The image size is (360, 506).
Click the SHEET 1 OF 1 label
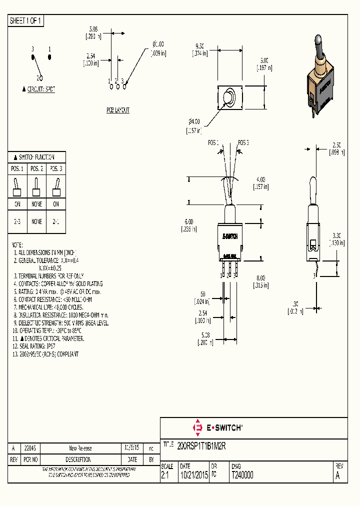[x=26, y=21]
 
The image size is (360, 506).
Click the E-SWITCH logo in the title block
[x=217, y=428]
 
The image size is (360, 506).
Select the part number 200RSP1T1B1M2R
[x=202, y=445]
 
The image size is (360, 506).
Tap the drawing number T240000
[x=242, y=475]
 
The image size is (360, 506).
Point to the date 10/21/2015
[x=193, y=475]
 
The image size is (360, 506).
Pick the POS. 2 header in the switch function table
[x=36, y=169]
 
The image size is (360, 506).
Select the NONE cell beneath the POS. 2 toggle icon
[x=36, y=204]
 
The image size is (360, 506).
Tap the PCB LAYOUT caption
[x=117, y=110]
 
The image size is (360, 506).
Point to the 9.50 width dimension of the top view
[x=200, y=44]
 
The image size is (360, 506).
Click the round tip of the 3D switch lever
[x=318, y=39]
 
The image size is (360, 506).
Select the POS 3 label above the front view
[x=243, y=142]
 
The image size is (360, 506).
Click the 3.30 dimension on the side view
[x=336, y=235]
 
